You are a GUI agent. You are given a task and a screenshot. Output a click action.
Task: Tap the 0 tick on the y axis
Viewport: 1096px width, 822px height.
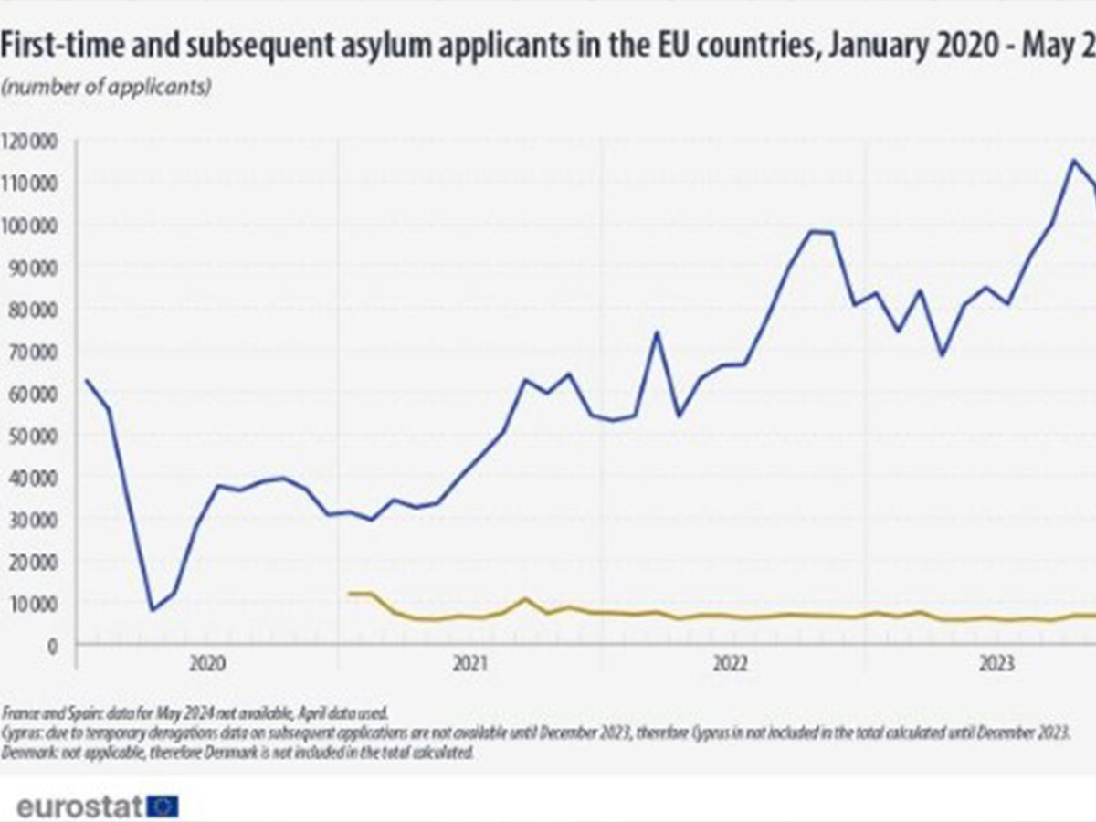[x=54, y=646]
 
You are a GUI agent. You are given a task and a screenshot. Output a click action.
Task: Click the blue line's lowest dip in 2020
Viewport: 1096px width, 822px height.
[x=152, y=610]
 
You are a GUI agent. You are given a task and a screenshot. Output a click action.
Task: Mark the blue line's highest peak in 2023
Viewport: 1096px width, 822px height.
[x=1073, y=161]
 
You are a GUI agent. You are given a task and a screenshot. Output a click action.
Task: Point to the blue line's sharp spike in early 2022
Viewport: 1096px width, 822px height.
[x=656, y=332]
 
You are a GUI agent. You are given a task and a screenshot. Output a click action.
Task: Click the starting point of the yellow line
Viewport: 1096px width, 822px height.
[x=349, y=594]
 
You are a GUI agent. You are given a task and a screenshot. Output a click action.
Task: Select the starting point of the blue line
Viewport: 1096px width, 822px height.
[x=86, y=380]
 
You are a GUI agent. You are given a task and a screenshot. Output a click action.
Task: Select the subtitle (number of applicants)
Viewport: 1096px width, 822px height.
[x=108, y=88]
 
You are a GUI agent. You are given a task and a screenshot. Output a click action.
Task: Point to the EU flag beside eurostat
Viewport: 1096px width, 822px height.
[x=163, y=806]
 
